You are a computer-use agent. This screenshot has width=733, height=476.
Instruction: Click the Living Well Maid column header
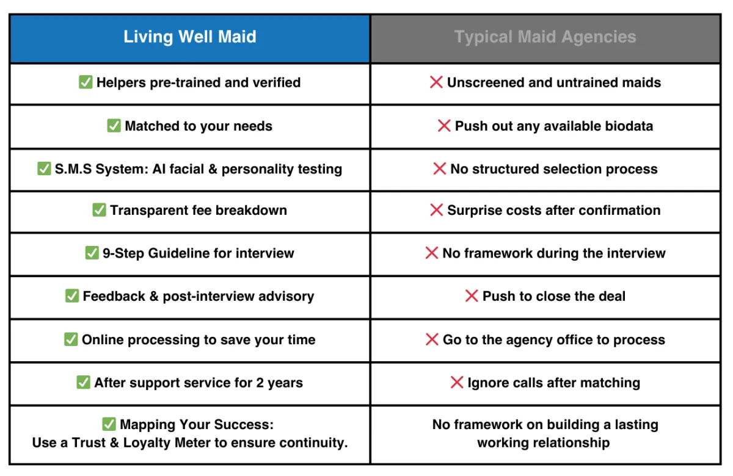[x=190, y=37]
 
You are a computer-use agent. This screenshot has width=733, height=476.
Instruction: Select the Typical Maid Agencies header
[x=545, y=37]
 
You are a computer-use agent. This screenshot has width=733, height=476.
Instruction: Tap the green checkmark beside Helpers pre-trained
[x=86, y=82]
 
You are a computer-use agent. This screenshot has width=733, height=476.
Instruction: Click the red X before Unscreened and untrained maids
[x=436, y=82]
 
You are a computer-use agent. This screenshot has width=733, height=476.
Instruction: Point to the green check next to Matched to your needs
[x=114, y=126]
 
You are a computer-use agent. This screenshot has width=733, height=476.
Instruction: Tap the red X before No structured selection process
[x=439, y=168]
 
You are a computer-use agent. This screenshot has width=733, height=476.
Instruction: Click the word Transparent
[x=149, y=210]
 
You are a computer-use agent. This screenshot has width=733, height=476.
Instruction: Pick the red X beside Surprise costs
[x=437, y=210]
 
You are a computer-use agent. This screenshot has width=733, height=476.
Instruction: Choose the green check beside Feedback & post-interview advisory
[x=72, y=296]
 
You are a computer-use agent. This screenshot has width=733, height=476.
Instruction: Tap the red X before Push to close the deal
[x=472, y=296]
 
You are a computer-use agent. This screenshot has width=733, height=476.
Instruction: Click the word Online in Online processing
[x=103, y=340]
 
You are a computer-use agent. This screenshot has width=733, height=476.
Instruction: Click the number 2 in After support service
[x=260, y=383]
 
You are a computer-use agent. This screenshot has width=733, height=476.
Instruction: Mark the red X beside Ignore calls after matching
[x=457, y=382]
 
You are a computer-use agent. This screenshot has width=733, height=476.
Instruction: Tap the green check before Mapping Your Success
[x=109, y=424]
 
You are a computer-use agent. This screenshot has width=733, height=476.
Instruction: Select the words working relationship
[x=544, y=443]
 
